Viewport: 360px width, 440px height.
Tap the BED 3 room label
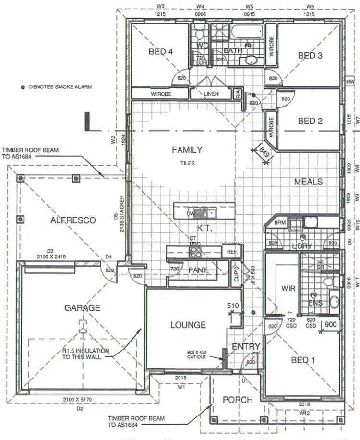(x=310, y=56)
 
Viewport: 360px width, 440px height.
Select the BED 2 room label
(x=310, y=121)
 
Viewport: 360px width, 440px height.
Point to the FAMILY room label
(x=187, y=150)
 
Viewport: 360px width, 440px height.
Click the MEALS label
(x=308, y=182)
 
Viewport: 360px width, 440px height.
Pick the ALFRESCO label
(x=73, y=220)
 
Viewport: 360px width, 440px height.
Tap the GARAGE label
(x=83, y=308)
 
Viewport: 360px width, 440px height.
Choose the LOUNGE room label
(x=188, y=325)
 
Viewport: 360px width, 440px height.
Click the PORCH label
(x=238, y=400)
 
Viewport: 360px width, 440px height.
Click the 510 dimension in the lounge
(x=233, y=305)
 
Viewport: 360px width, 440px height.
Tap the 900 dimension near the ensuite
(x=331, y=324)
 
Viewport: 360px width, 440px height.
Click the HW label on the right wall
(x=349, y=82)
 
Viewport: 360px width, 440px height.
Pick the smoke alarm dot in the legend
(x=23, y=87)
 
